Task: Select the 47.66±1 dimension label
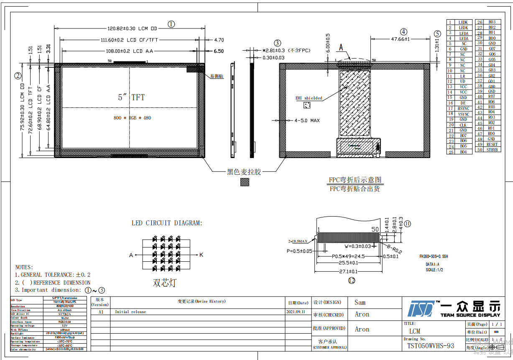[x=400, y=39]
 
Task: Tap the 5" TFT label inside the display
[x=131, y=97]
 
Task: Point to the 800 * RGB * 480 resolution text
[x=132, y=118]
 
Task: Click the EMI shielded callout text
[x=309, y=98]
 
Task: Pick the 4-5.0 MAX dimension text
[x=307, y=120]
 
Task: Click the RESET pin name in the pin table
[x=492, y=144]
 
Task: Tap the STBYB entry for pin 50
[x=492, y=150]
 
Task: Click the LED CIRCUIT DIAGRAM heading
[x=167, y=223]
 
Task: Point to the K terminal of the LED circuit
[x=201, y=255]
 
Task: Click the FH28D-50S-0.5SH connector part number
[x=434, y=257]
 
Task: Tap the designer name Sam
[x=360, y=302]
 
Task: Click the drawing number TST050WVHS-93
[x=431, y=346]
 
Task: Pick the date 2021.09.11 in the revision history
[x=296, y=312]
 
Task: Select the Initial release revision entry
[x=130, y=312]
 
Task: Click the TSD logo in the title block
[x=421, y=309]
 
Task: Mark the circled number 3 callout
[x=278, y=43]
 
